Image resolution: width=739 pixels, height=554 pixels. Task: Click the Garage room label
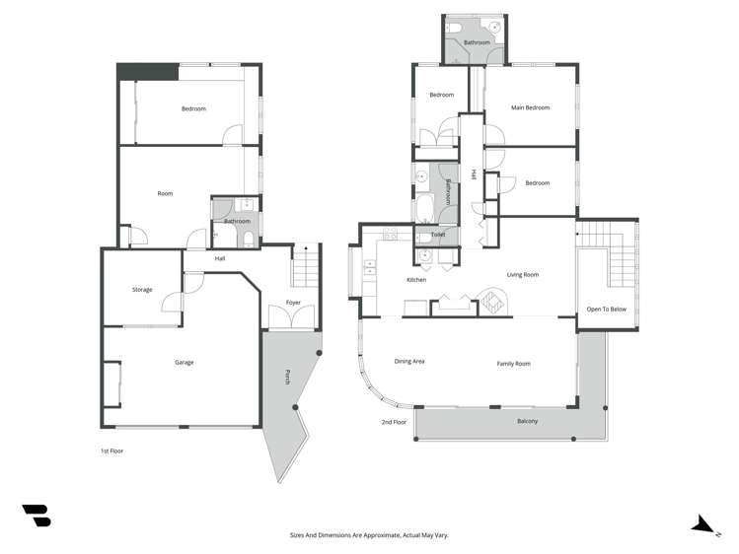(x=184, y=363)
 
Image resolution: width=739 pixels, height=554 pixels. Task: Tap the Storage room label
(x=142, y=290)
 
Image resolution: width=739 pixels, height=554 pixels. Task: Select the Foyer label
(x=293, y=303)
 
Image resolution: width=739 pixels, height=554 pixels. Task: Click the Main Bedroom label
(x=530, y=107)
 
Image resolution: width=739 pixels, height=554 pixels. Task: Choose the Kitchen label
(x=416, y=281)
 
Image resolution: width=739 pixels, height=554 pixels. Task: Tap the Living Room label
(x=522, y=275)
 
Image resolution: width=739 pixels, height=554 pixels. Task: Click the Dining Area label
(x=409, y=362)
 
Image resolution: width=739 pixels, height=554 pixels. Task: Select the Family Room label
(x=513, y=364)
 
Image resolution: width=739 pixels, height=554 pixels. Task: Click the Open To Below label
(x=606, y=309)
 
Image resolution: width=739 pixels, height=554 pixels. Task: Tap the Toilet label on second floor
(x=438, y=236)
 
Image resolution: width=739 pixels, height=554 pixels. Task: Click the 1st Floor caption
(x=111, y=450)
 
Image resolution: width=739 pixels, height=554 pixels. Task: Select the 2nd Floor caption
(x=394, y=422)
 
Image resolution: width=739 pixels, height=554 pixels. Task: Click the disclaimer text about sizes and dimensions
(x=369, y=535)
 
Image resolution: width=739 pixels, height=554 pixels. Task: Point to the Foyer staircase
(x=305, y=265)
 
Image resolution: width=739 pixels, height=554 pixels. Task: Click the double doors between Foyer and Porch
(x=292, y=319)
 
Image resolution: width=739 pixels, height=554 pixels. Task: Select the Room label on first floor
(x=165, y=193)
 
